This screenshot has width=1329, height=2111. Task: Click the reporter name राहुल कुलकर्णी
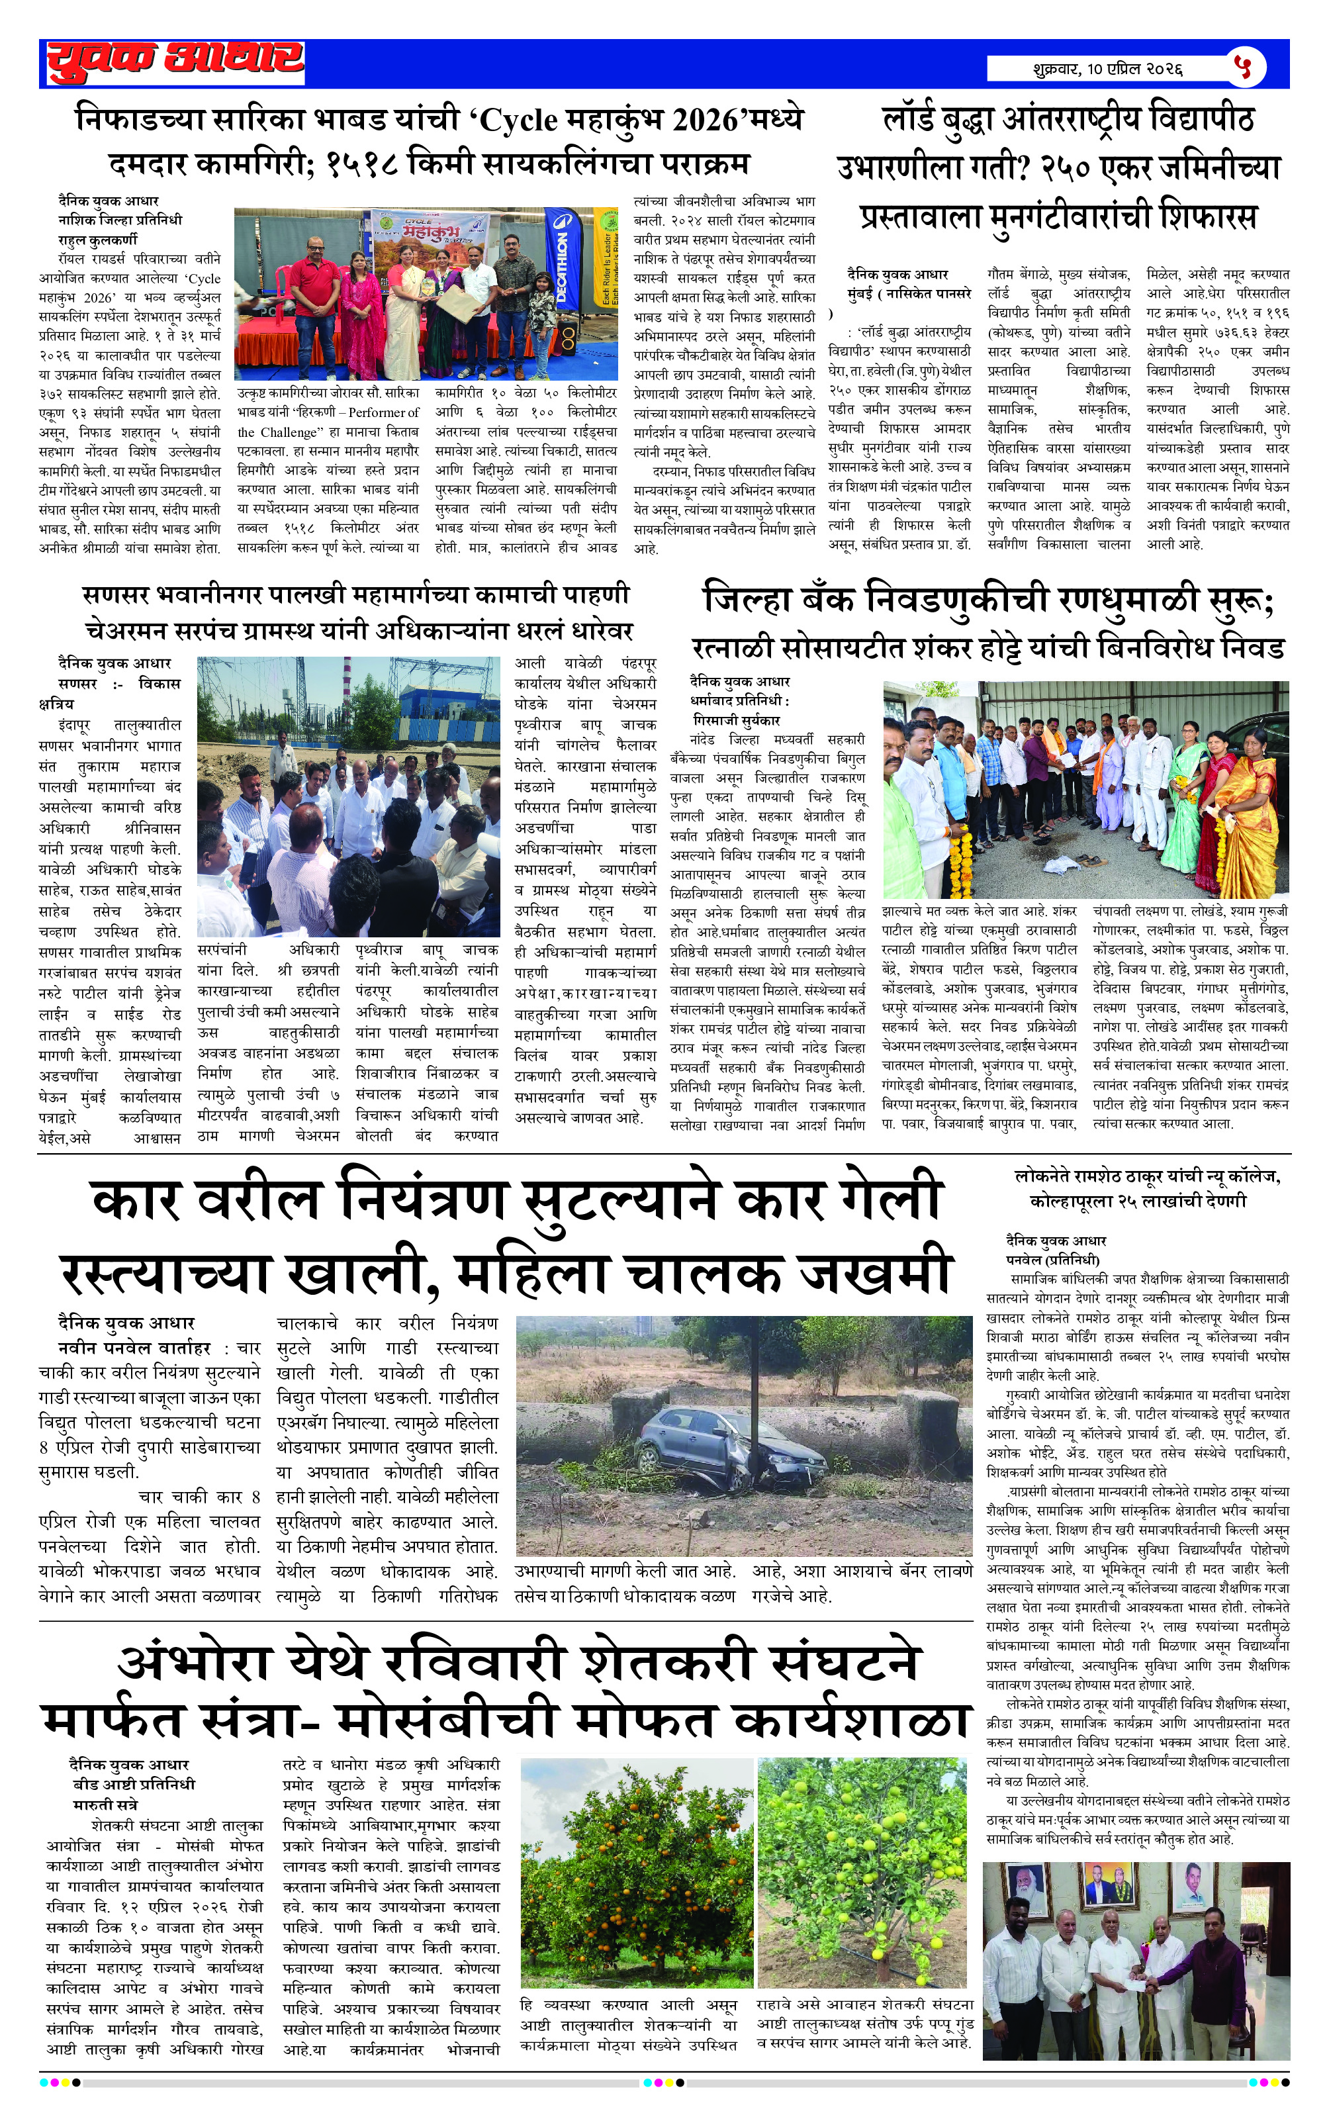[97, 240]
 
